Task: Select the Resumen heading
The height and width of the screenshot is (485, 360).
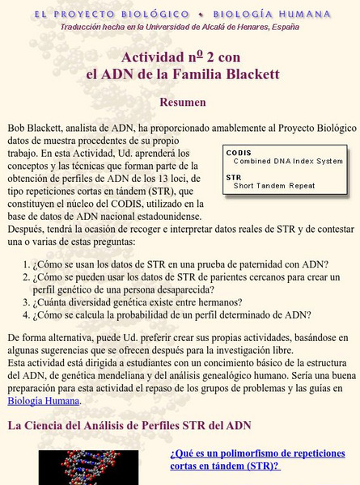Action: click(x=183, y=103)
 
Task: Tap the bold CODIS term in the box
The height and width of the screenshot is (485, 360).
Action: click(x=239, y=152)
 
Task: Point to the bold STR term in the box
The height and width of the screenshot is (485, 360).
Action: click(x=234, y=176)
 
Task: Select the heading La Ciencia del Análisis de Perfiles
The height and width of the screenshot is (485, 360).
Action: click(x=129, y=425)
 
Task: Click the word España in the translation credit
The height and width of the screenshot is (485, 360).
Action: click(x=282, y=27)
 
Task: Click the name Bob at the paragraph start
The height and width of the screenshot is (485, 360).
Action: click(x=17, y=128)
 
